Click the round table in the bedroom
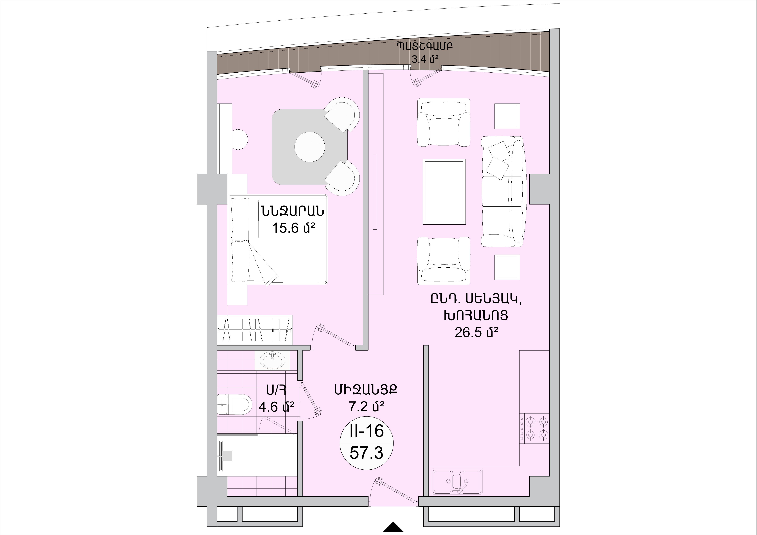click(x=310, y=147)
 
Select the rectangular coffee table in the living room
click(x=444, y=191)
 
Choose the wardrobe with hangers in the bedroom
click(x=255, y=330)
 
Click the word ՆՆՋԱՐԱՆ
click(x=292, y=211)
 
